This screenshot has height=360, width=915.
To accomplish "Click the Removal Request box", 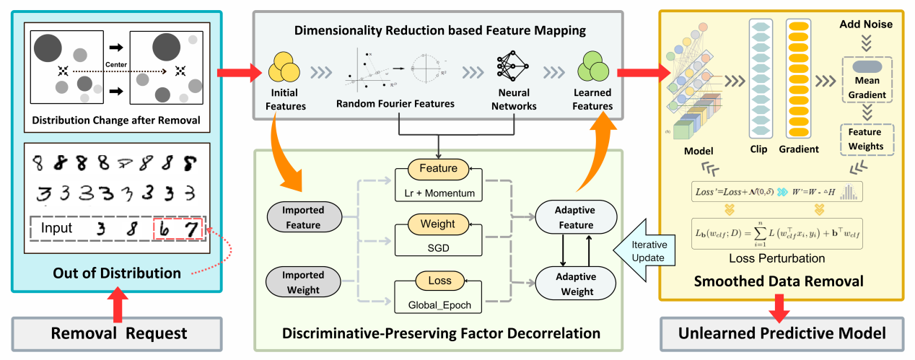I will click(118, 333).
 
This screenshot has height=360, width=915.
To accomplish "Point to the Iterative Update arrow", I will click(641, 250).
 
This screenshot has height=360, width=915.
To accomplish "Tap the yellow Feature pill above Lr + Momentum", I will click(438, 169).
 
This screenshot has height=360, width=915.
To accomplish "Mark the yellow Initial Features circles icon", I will click(284, 69).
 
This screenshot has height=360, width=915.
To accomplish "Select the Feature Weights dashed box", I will click(865, 139).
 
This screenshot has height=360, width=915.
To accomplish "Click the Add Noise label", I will click(866, 25).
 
